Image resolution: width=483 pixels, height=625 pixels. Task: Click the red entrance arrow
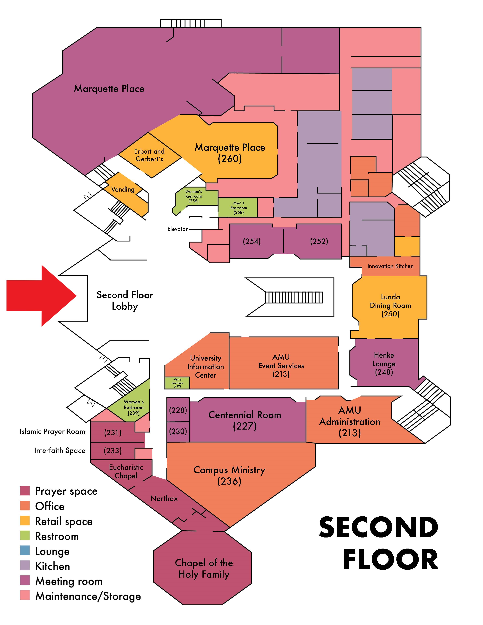pos(40,296)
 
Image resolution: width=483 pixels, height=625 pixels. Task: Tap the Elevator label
pos(177,229)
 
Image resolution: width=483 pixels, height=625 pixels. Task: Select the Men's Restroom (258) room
pos(238,207)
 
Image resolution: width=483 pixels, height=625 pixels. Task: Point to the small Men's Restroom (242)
pos(177,383)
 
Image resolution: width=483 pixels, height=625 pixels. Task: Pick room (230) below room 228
pos(178,431)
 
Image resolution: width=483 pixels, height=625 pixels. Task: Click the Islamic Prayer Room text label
pos(52,431)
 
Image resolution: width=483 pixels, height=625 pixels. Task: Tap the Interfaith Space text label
pos(60,450)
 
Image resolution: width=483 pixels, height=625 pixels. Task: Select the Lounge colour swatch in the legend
pos(25,550)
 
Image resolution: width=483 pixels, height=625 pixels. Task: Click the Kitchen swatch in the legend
pos(25,565)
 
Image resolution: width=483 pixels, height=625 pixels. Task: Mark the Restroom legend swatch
pos(25,535)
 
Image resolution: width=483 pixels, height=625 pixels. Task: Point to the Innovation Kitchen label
pos(390,266)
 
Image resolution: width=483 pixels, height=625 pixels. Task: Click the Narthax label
pos(164,499)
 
